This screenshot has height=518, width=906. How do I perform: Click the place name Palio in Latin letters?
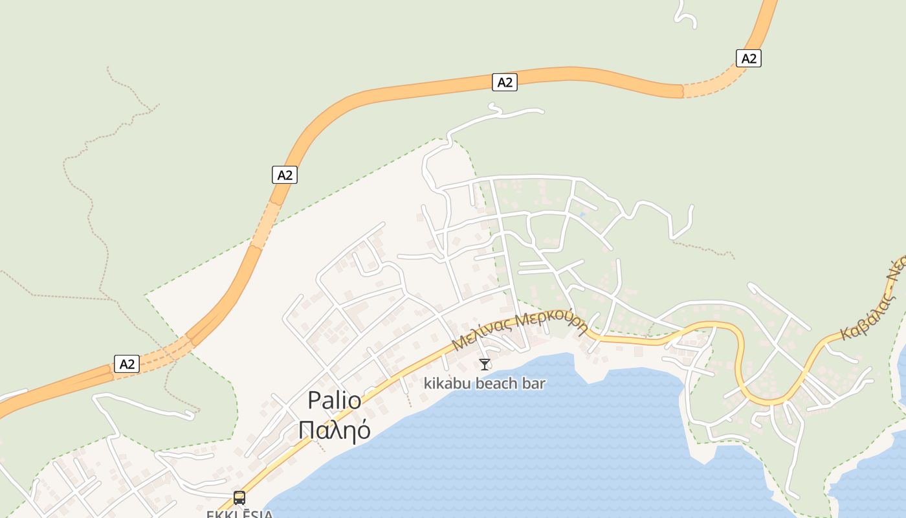pos(335,401)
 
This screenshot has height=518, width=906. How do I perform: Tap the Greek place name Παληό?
pos(335,429)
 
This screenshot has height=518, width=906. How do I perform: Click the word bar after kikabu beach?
pos(535,383)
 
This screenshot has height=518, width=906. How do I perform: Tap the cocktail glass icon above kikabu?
pos(485,365)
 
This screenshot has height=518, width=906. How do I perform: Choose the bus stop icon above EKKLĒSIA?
pos(239,497)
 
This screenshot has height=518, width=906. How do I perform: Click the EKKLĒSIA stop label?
pos(239,514)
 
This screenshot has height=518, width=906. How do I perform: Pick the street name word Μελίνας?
pos(482,333)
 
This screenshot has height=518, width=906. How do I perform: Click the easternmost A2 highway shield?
pos(749,58)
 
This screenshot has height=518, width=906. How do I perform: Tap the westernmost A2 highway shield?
pos(127,364)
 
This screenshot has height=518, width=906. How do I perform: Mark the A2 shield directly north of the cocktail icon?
pos(505,82)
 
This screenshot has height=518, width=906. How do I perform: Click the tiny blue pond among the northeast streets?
pos(582,214)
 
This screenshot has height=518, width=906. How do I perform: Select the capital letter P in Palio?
pos(315,401)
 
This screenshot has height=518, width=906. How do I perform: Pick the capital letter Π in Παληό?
pos(307,429)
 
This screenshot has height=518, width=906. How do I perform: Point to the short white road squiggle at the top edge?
pos(686,17)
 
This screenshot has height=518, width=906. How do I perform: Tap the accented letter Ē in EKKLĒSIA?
pos(242,514)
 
